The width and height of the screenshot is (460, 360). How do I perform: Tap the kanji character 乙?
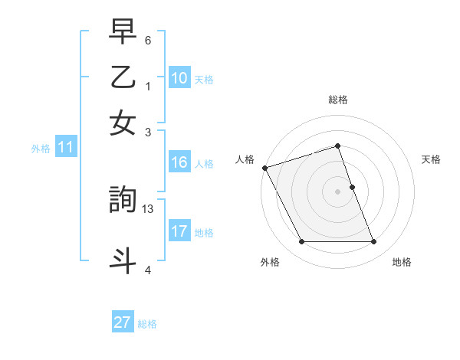(x=123, y=79)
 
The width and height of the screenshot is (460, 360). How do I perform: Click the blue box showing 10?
(x=179, y=78)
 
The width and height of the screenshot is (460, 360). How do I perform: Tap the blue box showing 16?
(x=179, y=162)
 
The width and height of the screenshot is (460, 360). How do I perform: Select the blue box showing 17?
(x=179, y=231)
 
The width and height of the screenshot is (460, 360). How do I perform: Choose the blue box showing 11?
(x=65, y=148)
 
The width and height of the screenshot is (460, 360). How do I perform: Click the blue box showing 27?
(x=122, y=322)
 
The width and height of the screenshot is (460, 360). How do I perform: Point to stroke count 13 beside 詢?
(x=148, y=208)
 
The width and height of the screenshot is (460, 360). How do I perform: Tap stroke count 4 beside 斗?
(x=148, y=270)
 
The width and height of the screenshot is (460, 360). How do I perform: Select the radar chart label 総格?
(x=338, y=100)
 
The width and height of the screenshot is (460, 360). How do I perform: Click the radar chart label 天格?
(x=431, y=159)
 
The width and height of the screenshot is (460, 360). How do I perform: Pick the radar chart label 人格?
(x=245, y=159)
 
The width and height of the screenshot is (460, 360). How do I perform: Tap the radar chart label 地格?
(x=402, y=262)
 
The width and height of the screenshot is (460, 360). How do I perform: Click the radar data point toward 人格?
(x=265, y=168)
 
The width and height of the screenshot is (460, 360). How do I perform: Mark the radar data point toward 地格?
(x=373, y=242)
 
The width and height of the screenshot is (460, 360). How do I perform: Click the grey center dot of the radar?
(x=338, y=191)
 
